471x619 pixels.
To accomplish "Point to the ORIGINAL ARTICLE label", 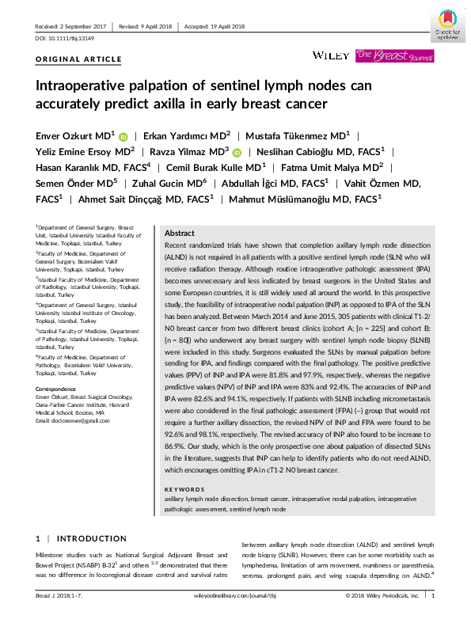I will tap(78, 59).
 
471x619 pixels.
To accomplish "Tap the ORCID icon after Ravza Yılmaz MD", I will tap(237, 152).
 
